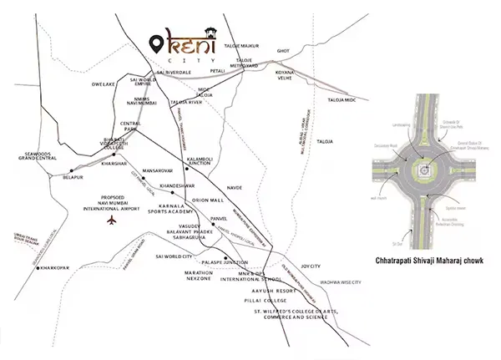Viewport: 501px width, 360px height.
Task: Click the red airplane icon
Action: point(111,220)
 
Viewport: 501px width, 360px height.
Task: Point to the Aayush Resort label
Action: point(264,287)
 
